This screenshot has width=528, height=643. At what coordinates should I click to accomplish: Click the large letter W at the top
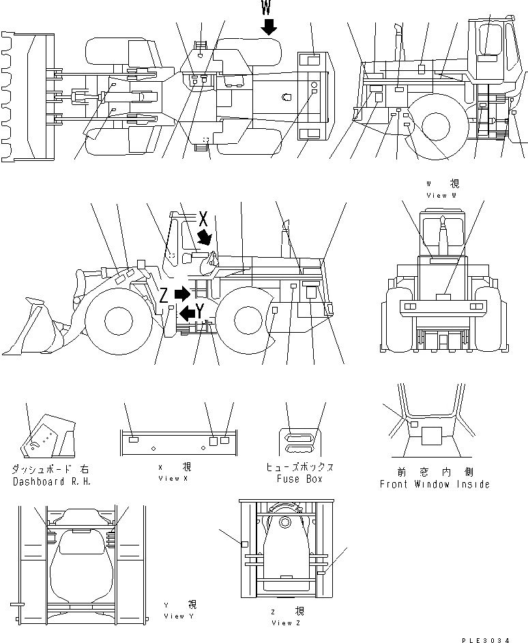click(x=268, y=8)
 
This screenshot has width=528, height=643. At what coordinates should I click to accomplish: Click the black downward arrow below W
click(x=269, y=27)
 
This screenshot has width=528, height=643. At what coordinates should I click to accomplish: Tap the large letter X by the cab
click(x=203, y=218)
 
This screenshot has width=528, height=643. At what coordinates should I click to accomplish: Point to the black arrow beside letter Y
click(x=186, y=313)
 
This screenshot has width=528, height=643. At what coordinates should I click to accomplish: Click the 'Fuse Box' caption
click(x=299, y=479)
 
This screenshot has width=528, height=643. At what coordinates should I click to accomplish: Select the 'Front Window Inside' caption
click(x=435, y=484)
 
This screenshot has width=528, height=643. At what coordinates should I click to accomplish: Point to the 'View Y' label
click(x=179, y=616)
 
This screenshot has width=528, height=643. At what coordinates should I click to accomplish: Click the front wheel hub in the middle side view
click(x=111, y=319)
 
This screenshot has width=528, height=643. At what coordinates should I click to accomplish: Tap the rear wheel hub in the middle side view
click(x=251, y=319)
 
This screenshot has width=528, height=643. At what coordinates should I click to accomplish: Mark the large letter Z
click(x=164, y=295)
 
